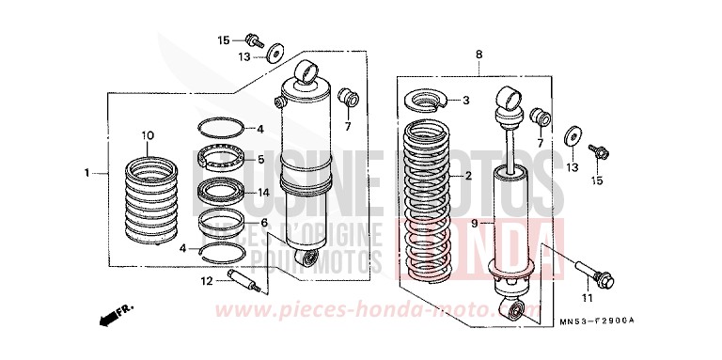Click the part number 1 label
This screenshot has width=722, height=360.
coord(86,173)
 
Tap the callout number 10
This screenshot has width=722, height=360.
coord(147,136)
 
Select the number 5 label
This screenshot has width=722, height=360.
coord(261,160)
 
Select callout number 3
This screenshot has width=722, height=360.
coord(465,101)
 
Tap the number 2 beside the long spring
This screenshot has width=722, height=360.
coord(466,176)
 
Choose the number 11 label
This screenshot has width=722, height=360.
coord(587,298)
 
